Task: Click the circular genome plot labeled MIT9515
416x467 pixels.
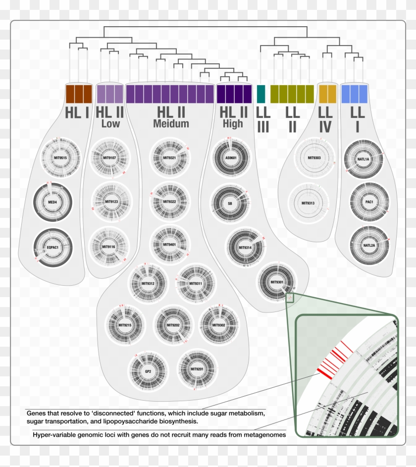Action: [60, 158]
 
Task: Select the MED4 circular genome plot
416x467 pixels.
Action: [53, 202]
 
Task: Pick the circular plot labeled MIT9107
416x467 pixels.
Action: [110, 158]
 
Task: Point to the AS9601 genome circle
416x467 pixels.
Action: [231, 158]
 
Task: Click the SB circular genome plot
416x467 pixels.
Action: [230, 203]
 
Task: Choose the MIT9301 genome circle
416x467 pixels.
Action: [277, 283]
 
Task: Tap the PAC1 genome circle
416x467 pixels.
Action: [369, 203]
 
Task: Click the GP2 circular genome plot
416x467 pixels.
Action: [148, 371]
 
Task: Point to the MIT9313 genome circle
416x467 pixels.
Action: [308, 203]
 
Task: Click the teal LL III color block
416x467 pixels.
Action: [261, 94]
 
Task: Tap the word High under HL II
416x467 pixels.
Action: [233, 123]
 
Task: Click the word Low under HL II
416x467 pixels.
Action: [110, 123]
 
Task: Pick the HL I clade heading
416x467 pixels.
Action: [77, 112]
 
